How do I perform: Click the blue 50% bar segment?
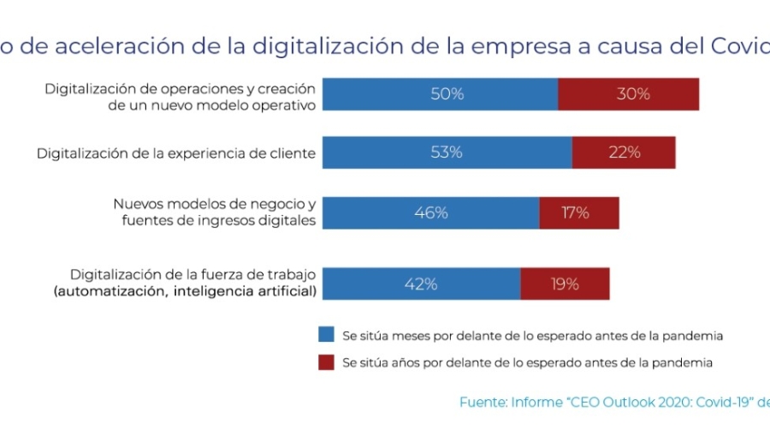[x=440, y=94]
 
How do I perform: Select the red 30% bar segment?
[x=629, y=94]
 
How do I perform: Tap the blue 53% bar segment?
[x=447, y=152]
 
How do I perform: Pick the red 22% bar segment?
[x=624, y=152]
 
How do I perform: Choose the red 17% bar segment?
[x=579, y=212]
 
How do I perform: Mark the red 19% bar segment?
[x=565, y=284]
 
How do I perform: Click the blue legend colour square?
[x=325, y=335]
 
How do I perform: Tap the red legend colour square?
[x=325, y=362]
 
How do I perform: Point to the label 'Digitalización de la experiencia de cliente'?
[x=176, y=153]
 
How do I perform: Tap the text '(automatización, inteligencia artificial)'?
[x=184, y=292]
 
